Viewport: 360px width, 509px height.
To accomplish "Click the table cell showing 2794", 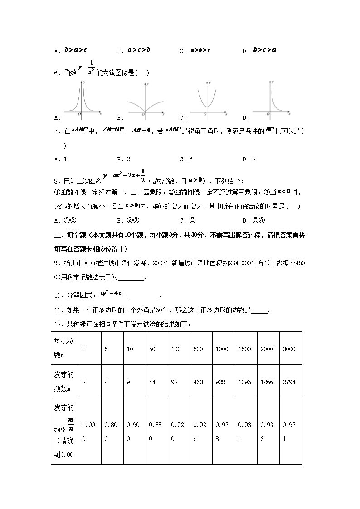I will click(x=289, y=382).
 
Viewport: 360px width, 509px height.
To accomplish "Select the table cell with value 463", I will click(x=198, y=382).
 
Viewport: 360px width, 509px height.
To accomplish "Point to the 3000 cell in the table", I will click(x=289, y=349).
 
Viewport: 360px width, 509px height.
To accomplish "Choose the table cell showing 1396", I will click(x=244, y=382).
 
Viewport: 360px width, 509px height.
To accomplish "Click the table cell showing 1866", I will click(x=267, y=382).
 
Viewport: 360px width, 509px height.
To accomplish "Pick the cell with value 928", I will click(x=222, y=382).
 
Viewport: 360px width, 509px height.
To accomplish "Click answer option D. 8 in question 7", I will click(x=249, y=159).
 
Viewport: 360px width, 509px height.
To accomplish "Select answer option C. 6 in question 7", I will click(x=186, y=159).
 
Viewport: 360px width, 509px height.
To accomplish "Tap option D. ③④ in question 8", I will click(x=252, y=221).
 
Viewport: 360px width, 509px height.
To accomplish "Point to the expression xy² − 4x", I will click(x=112, y=294).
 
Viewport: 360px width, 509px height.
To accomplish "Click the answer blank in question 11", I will click(x=259, y=311).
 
